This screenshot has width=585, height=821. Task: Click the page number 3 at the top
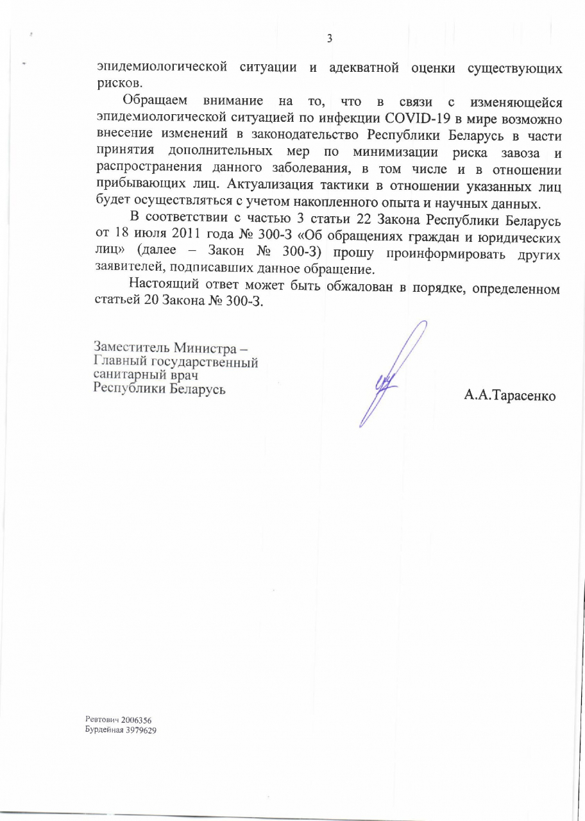coord(329,38)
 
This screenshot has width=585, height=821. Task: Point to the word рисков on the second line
coord(115,83)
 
